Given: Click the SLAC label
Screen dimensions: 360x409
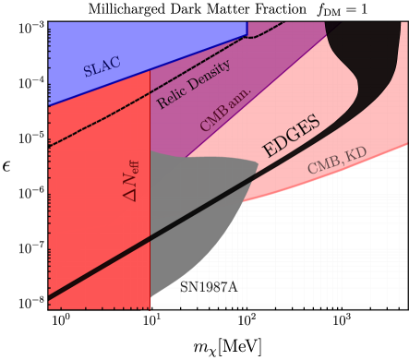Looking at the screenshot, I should point(102,67).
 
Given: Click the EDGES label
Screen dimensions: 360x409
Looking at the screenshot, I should point(292,137).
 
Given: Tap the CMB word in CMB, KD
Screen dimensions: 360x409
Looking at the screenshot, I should point(322,165).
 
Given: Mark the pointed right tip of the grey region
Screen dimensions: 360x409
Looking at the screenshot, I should point(258,163).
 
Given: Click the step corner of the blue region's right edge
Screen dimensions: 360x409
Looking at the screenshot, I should point(247,35).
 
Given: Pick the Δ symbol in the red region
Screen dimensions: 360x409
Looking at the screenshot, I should point(130,195).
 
